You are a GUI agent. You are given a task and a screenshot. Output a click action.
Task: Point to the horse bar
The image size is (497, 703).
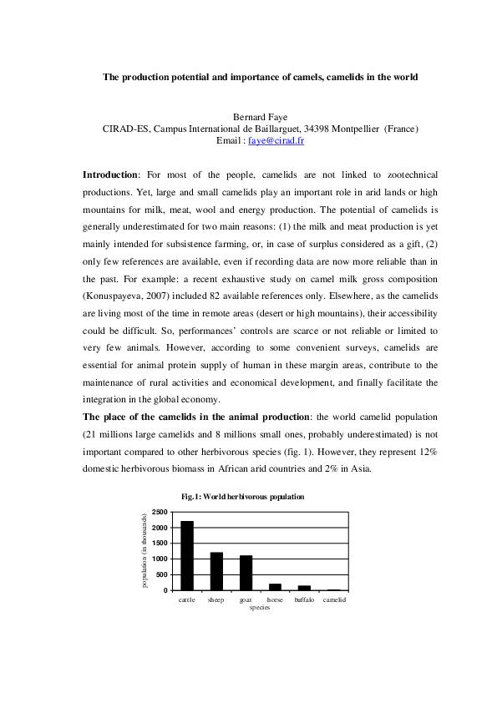[x=275, y=587]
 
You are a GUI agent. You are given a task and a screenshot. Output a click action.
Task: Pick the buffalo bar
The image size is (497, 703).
[x=304, y=588]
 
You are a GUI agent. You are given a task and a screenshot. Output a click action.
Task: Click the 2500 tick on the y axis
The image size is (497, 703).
[x=160, y=511]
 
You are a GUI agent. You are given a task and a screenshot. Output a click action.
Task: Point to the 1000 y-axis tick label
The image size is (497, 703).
[x=160, y=559]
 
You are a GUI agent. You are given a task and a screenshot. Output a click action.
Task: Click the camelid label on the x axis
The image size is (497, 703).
[x=334, y=600]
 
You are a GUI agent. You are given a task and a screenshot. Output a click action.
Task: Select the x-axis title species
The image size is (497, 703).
[x=260, y=608]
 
